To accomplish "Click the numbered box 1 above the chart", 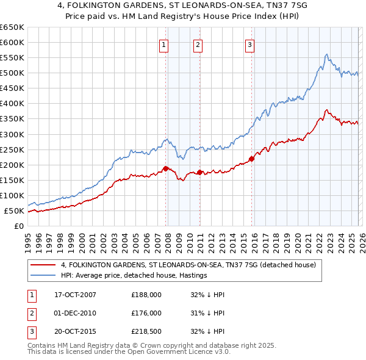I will (x=164, y=43).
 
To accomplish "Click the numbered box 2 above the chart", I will (x=198, y=43).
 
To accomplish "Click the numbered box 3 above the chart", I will (x=250, y=43).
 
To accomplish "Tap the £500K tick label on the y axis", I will (x=12, y=73).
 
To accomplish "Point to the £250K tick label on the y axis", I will (x=12, y=149).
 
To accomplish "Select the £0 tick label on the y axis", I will (x=19, y=226).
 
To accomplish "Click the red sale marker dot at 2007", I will (x=166, y=168).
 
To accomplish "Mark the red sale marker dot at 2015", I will (x=252, y=159).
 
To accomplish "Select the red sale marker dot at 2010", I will (x=199, y=172).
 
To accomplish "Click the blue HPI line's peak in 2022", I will (x=327, y=54).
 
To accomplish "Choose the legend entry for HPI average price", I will (x=134, y=276).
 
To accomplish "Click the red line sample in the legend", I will (x=43, y=265).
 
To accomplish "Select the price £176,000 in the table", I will (x=146, y=313).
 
